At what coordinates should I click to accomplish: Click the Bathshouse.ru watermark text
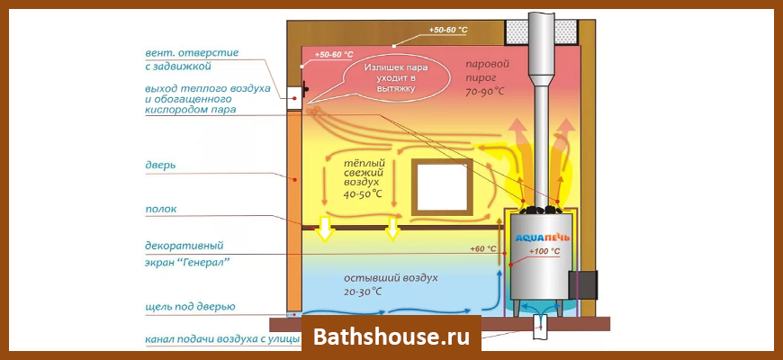(x=391, y=337)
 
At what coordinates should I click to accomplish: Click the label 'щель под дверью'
(x=190, y=307)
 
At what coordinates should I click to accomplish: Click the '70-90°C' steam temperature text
(x=484, y=91)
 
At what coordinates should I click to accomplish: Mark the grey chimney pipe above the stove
(x=542, y=72)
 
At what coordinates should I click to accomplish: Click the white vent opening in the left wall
(x=293, y=93)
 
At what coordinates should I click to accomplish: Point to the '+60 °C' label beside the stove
(x=483, y=248)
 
